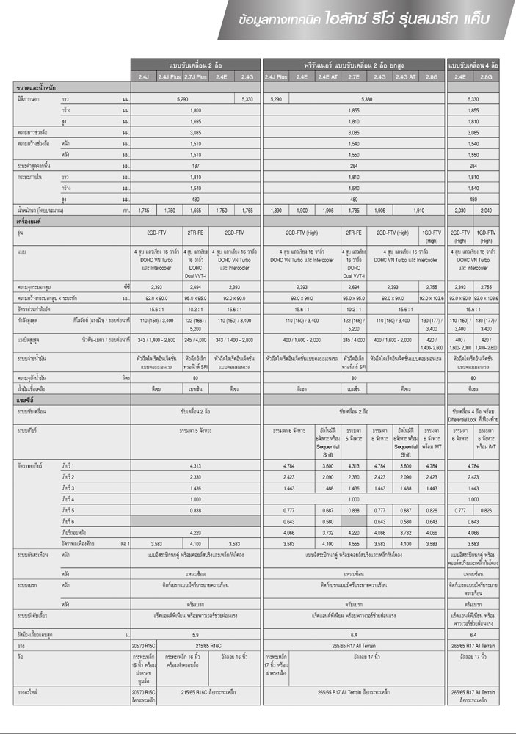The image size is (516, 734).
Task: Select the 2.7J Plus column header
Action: [x=195, y=76]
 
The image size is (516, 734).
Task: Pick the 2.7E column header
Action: [x=353, y=76]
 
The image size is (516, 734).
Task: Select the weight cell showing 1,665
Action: [x=195, y=211]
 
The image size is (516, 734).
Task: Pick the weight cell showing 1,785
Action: [x=353, y=211]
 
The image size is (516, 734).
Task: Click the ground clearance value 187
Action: [x=195, y=166]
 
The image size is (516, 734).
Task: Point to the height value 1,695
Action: [x=195, y=120]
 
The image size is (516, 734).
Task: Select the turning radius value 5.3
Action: [x=195, y=613]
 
